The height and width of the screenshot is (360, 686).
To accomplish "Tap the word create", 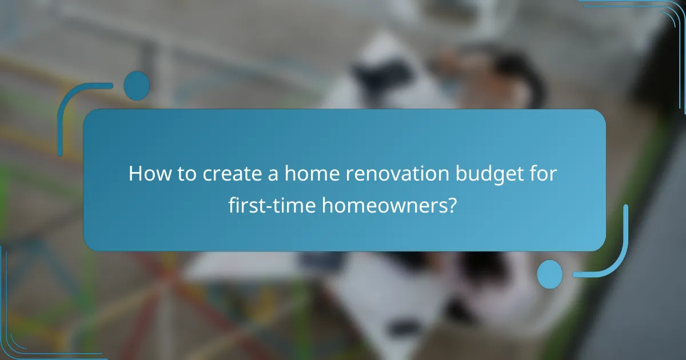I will pyautogui.click(x=219, y=173).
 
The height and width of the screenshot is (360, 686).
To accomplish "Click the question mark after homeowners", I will pyautogui.click(x=452, y=204).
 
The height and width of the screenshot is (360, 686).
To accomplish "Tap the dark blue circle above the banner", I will pyautogui.click(x=137, y=86).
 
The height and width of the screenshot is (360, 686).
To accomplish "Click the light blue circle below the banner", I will pyautogui.click(x=550, y=274).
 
